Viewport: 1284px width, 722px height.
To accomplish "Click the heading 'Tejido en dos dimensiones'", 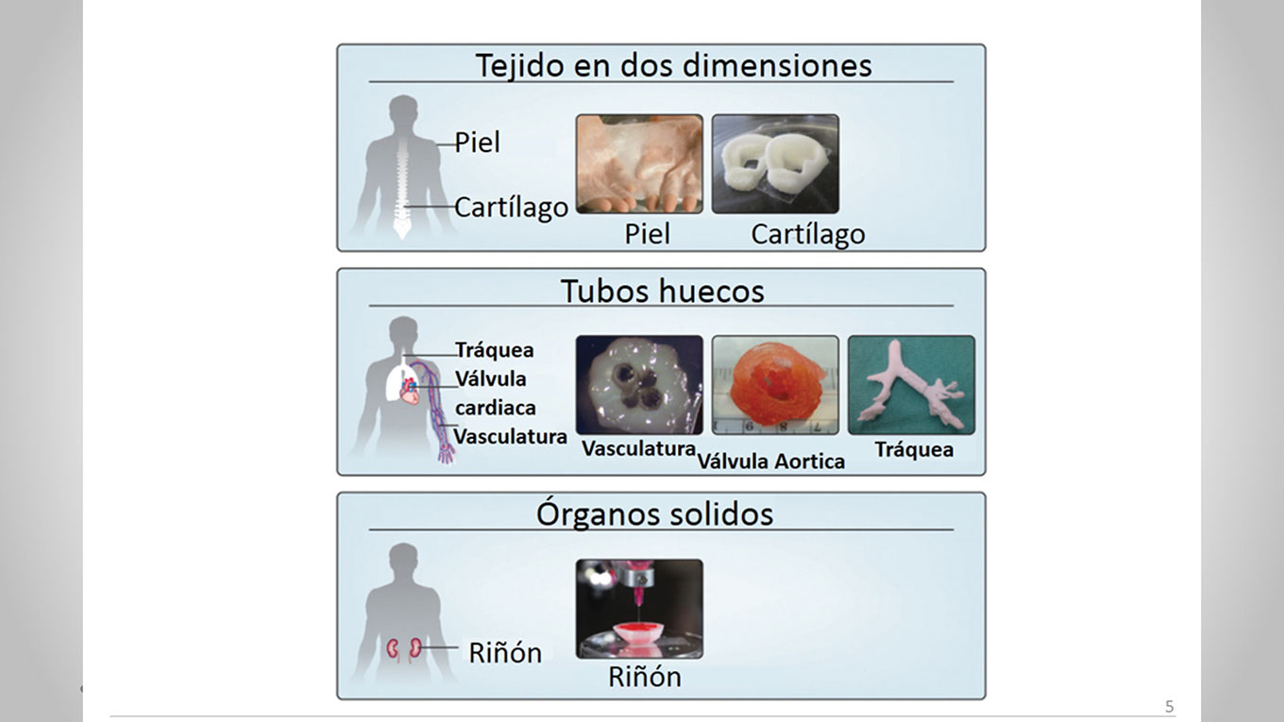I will click(673, 65).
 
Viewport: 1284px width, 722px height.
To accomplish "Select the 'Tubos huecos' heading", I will click(662, 290).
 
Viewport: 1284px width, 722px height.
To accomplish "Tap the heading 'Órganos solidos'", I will click(654, 513).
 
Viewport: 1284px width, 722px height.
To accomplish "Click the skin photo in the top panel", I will click(639, 163).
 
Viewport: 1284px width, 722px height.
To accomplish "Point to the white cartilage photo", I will click(774, 163).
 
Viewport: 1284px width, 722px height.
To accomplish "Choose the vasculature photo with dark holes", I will click(639, 384).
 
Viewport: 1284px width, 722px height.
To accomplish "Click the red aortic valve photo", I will click(774, 384).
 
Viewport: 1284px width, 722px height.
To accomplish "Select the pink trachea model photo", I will click(910, 384).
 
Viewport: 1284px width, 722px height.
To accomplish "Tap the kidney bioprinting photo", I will click(639, 609).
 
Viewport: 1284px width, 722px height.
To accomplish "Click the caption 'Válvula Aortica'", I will click(770, 461).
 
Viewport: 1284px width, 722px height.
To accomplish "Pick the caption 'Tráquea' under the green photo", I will click(913, 449).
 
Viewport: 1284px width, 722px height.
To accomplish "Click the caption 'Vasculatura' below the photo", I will click(638, 448).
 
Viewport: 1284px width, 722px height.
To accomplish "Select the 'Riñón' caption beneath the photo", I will click(644, 677).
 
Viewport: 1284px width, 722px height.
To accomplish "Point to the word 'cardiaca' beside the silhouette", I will click(495, 408).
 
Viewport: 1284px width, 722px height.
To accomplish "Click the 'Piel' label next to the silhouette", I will click(477, 143).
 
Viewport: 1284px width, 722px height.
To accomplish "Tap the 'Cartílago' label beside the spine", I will click(511, 207).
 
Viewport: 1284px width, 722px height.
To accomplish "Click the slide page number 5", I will click(1170, 707).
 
